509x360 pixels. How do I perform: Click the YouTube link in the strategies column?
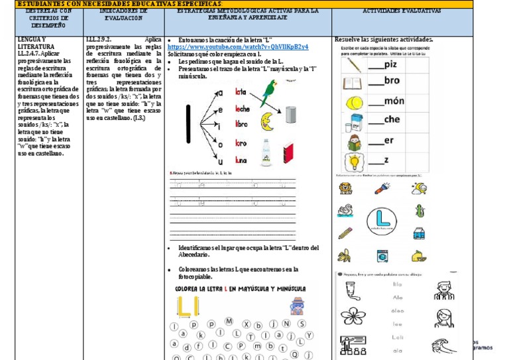(238, 47)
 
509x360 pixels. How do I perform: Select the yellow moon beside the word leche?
(267, 121)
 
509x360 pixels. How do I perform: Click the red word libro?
(241, 124)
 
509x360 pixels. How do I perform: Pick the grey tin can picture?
(290, 115)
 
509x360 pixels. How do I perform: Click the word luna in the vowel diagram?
(241, 160)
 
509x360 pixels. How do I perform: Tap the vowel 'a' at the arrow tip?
(220, 92)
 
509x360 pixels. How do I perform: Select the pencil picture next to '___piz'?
(353, 65)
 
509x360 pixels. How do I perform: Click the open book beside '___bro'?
(353, 84)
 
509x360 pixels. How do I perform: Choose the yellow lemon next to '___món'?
(353, 103)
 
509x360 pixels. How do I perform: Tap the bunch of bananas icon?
(345, 255)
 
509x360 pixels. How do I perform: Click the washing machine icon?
(382, 255)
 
